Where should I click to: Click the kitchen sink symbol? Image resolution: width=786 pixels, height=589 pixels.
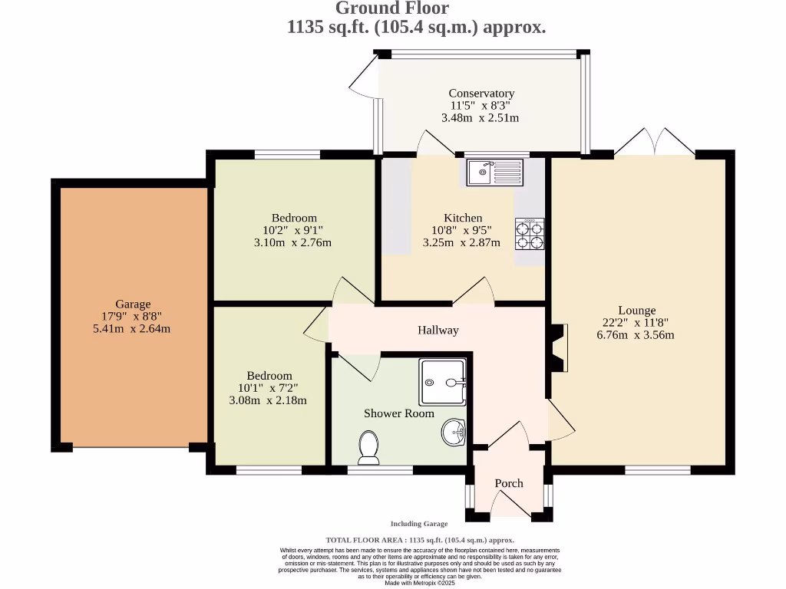coord(494,172)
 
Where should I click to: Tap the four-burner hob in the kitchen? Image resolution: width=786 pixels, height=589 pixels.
coord(530,234)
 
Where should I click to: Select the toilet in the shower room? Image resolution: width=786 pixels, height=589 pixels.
coord(368,447)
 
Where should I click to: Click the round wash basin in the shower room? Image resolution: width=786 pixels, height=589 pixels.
coord(454,433)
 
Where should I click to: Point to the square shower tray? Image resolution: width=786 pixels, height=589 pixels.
coord(442,382)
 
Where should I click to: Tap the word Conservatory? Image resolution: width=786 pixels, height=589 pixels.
coord(481,94)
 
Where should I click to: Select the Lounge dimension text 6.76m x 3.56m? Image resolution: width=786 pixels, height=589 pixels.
coord(636,335)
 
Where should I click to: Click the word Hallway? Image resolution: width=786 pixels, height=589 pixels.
coord(438,331)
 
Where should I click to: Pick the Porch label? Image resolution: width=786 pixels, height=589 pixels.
coord(509,483)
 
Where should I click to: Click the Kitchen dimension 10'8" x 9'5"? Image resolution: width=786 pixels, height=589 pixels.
coord(462,230)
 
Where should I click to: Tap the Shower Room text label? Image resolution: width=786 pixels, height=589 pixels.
coord(399,413)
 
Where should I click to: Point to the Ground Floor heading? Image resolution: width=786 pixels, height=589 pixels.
coord(392,8)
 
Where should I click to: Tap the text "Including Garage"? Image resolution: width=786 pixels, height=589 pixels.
coord(419,524)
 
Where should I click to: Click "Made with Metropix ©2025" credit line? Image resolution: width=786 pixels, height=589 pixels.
coord(419,583)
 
